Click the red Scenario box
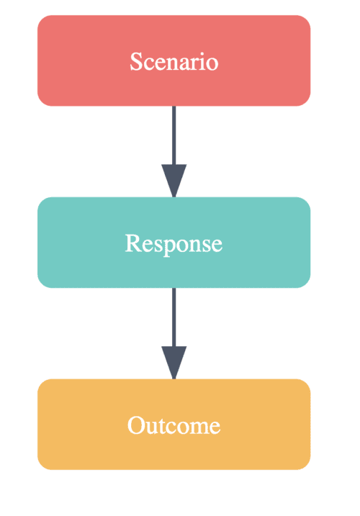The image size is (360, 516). [x=174, y=60]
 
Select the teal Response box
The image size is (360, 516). [x=174, y=243]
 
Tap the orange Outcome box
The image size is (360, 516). [x=174, y=424]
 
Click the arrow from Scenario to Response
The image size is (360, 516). [x=174, y=151]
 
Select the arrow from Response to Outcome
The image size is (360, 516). [x=174, y=333]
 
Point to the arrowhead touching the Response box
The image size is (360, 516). [x=174, y=181]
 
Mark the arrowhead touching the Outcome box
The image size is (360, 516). [x=174, y=362]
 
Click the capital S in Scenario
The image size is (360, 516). [x=136, y=61]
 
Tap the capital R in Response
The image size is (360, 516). [x=132, y=243]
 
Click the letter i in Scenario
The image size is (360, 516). [x=201, y=61]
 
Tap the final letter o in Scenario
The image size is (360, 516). [x=212, y=64]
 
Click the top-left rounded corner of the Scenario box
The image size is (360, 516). [x=42, y=19]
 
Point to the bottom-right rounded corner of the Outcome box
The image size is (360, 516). [x=307, y=466]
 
